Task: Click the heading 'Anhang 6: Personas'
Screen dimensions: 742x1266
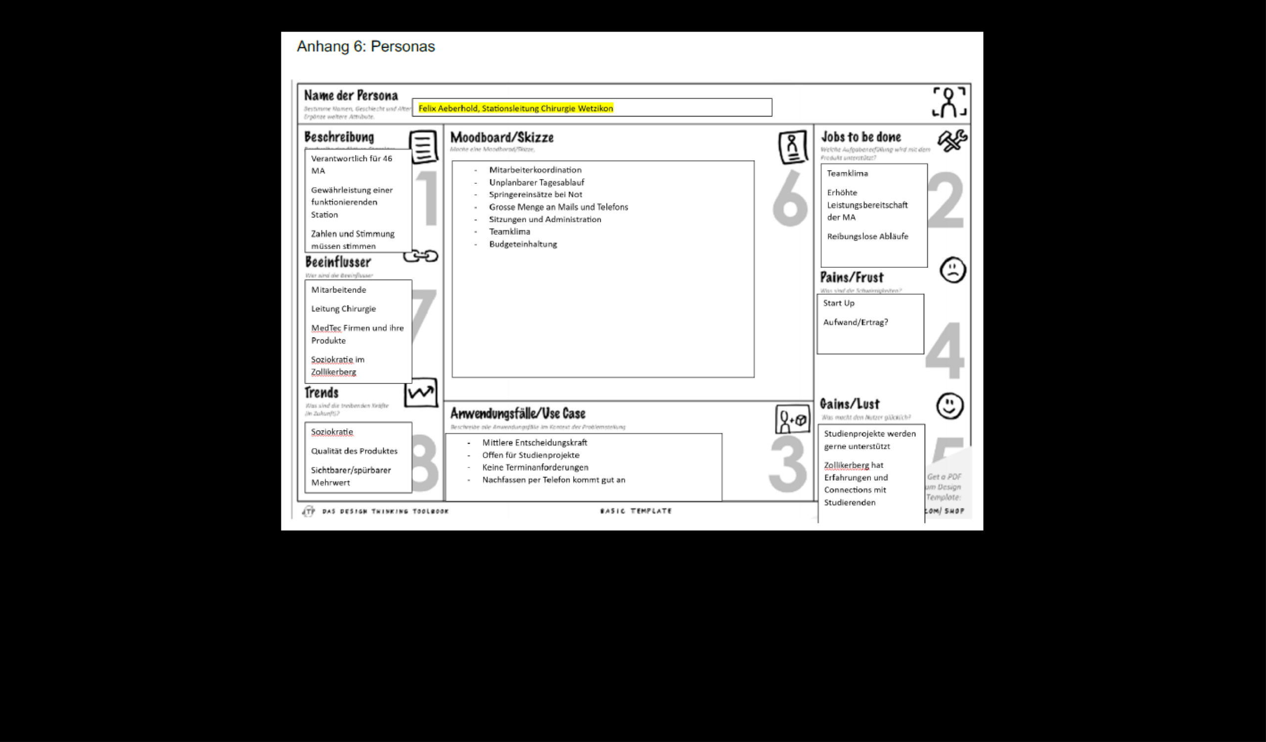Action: (365, 46)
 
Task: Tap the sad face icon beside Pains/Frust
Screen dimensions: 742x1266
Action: (952, 270)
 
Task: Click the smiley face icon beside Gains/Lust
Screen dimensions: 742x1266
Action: (949, 406)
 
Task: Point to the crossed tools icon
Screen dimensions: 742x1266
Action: (952, 140)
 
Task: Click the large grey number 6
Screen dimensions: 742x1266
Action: (790, 199)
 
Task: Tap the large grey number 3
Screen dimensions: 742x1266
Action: (787, 464)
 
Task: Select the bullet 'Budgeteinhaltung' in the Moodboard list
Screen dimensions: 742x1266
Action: (523, 244)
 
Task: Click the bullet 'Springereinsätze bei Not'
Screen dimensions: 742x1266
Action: (535, 194)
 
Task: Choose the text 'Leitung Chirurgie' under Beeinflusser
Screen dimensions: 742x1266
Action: (343, 309)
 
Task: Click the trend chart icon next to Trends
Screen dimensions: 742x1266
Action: (420, 392)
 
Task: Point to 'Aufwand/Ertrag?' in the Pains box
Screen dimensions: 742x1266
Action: (855, 322)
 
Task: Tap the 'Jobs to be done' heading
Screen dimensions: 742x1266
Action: (860, 137)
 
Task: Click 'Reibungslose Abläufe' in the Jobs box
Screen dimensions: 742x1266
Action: (867, 236)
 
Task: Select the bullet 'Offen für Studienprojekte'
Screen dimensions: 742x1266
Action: (531, 455)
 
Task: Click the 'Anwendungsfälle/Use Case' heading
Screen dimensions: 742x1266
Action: (517, 414)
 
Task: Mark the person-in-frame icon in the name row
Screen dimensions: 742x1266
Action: (949, 102)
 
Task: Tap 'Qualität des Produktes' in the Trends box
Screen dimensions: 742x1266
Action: (354, 451)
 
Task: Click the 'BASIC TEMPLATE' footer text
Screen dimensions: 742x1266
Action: (635, 511)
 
